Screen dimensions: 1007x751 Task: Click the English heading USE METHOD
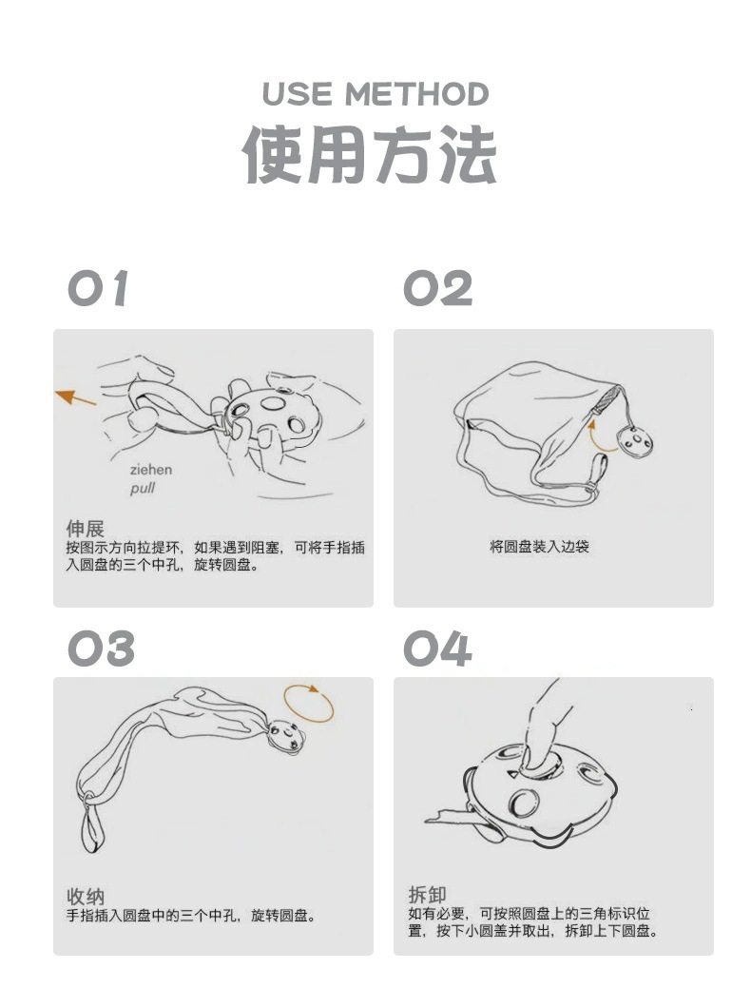[x=375, y=94]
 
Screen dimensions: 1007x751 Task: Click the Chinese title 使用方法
[x=369, y=155]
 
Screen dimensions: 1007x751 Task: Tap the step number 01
[x=98, y=289]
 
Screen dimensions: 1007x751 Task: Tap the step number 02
[x=437, y=289]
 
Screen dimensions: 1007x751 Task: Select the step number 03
[x=101, y=649]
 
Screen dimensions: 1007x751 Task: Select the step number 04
[x=437, y=649]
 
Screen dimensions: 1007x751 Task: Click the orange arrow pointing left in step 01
[x=75, y=397]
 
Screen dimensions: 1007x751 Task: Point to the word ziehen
[x=151, y=470]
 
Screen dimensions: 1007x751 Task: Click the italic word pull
[x=142, y=489]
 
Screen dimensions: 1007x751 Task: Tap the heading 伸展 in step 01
[x=85, y=529]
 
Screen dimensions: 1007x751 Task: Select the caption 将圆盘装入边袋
[x=539, y=547]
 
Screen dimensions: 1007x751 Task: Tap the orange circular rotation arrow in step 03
[x=309, y=704]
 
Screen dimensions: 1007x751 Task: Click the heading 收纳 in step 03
[x=85, y=896]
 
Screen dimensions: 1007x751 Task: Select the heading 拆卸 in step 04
[x=427, y=895]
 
